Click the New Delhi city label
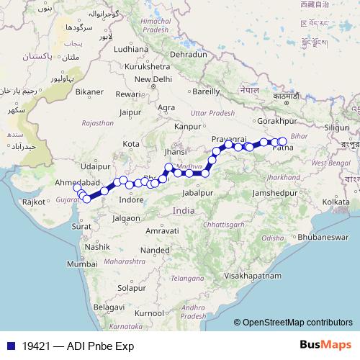[x=151, y=79]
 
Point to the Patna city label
[x=283, y=149]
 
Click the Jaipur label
[x=130, y=112]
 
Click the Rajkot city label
[x=32, y=203]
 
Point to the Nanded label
[x=153, y=249]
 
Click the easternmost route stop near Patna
[x=282, y=142]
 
